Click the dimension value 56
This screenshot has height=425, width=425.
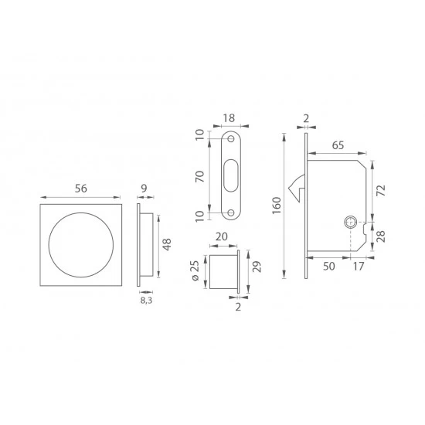(81, 189)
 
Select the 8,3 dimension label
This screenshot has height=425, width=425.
(146, 301)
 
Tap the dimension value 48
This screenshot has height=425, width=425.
(166, 244)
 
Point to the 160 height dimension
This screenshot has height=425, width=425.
(277, 206)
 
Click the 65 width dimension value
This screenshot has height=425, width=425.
(338, 145)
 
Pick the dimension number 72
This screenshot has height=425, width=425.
(381, 191)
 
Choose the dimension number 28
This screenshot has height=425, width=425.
(381, 236)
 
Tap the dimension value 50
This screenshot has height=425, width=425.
(328, 267)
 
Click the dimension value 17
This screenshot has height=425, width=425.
(359, 267)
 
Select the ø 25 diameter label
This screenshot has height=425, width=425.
(195, 270)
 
